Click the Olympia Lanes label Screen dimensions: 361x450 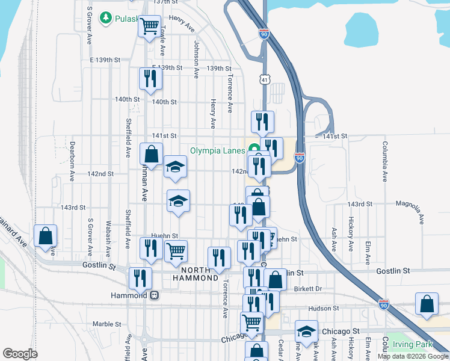point(217,150)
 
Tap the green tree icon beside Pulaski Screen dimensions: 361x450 point(106,18)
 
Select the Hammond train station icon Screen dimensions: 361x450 point(155,295)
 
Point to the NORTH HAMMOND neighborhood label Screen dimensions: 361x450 point(196,274)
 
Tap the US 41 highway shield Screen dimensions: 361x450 point(265,79)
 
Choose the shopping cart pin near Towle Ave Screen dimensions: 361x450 point(149,26)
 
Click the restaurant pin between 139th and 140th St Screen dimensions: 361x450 point(149,78)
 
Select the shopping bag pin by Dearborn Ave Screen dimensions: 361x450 point(46,236)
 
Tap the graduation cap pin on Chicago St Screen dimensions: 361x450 point(306,332)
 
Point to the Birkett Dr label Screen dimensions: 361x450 point(309,289)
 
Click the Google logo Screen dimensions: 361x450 point(20,354)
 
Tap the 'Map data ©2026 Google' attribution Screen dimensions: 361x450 point(413,356)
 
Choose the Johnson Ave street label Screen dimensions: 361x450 point(196,59)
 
